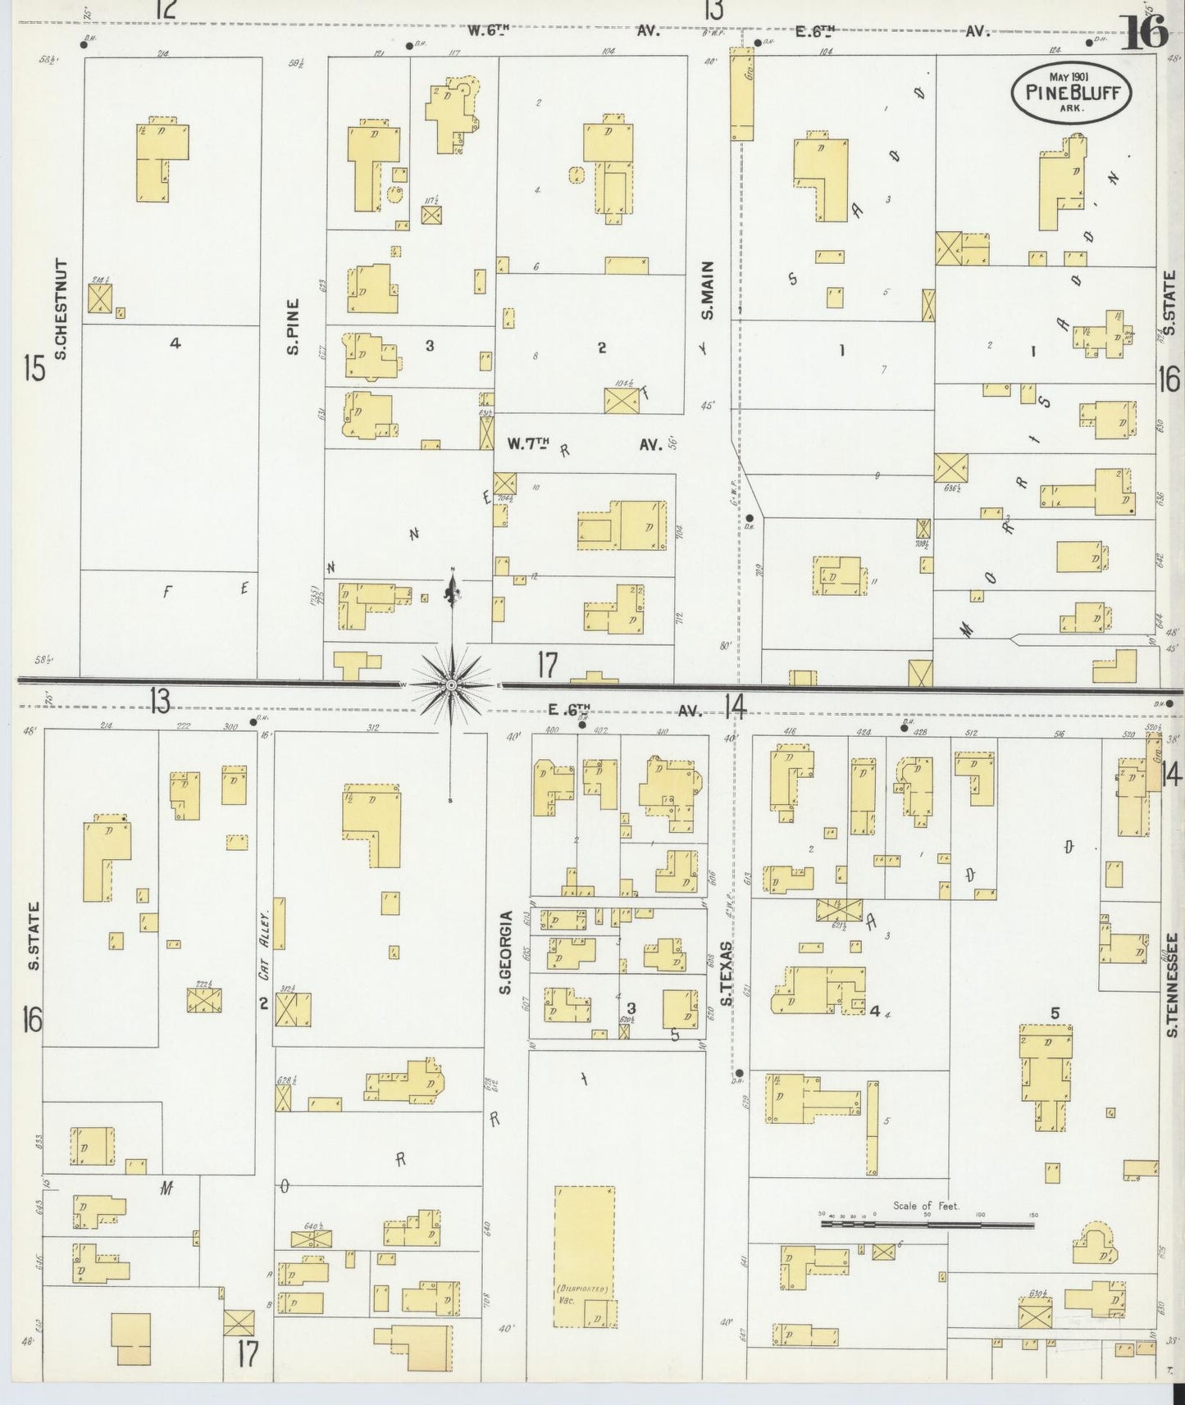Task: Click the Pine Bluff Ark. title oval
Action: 1072,93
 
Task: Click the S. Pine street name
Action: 292,327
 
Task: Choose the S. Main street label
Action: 708,290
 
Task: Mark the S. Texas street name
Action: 726,973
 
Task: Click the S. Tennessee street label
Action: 1172,984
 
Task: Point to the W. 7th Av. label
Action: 583,444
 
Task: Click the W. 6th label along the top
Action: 489,31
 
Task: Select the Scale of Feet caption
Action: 927,1206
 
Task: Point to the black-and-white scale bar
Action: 927,1225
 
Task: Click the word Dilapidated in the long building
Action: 584,1311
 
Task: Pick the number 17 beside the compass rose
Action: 548,665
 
